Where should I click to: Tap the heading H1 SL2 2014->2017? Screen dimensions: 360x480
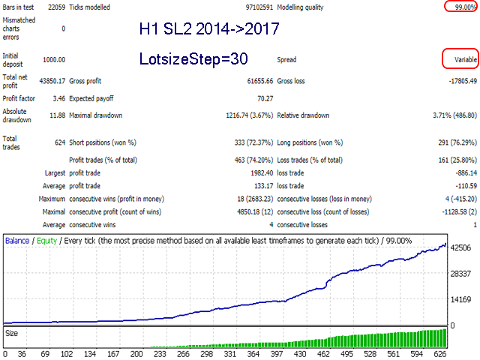209,29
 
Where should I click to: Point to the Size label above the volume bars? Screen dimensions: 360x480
13,332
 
